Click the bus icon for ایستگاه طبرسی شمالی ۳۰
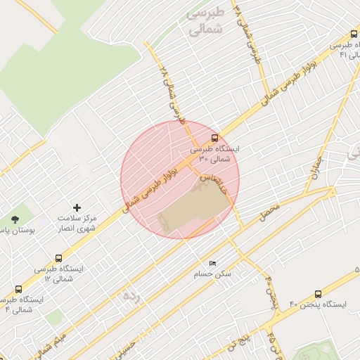click(214, 138)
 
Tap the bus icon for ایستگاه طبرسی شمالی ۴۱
click(354, 34)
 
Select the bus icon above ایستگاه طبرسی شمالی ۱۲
click(58, 258)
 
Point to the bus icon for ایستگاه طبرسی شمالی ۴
click(18, 288)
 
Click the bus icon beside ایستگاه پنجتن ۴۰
click(319, 295)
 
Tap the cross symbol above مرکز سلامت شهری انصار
click(77, 207)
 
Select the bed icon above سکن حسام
click(213, 263)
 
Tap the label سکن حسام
click(213, 274)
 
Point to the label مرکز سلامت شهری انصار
click(77, 224)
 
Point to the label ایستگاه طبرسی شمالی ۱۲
click(59, 274)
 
